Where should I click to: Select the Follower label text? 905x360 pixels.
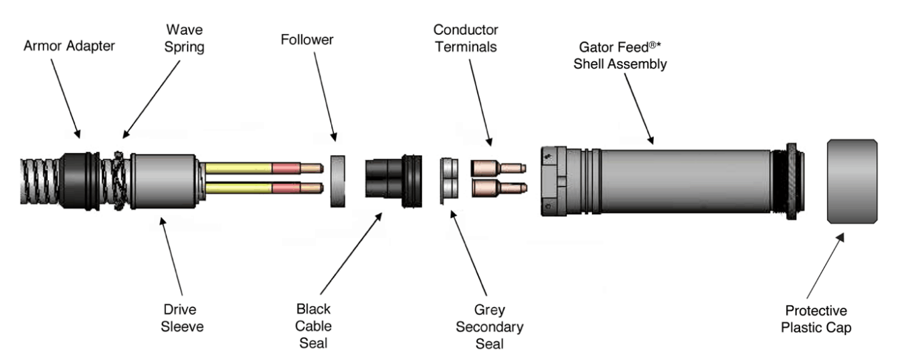(x=307, y=40)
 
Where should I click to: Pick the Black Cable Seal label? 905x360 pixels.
(x=313, y=326)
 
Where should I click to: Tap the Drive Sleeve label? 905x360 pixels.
(x=183, y=318)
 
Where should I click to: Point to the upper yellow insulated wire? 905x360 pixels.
(x=239, y=167)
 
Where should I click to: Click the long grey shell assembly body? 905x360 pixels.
(x=679, y=181)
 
